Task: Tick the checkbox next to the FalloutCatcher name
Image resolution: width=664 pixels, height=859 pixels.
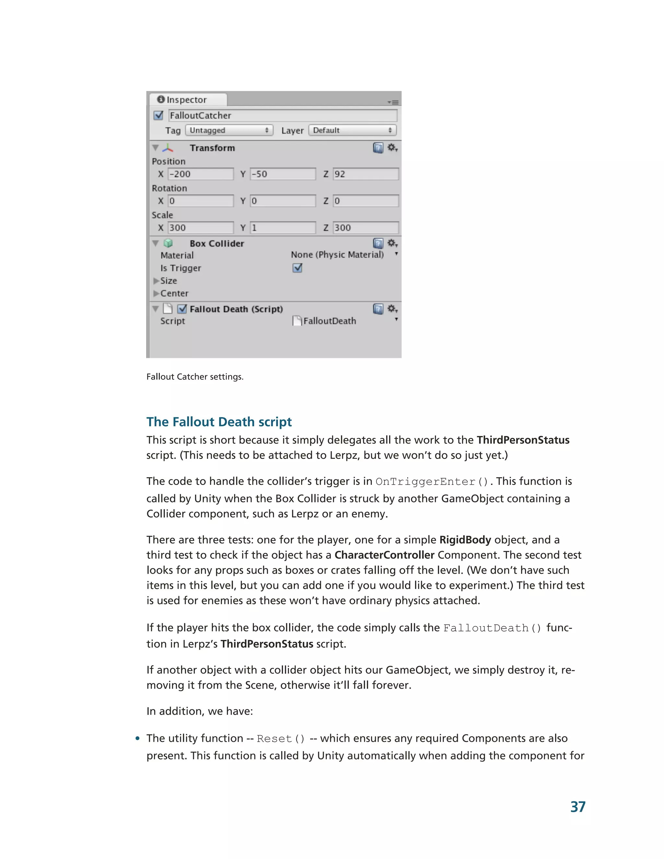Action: [x=159, y=115]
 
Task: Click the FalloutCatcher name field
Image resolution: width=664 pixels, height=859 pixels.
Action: [x=282, y=116]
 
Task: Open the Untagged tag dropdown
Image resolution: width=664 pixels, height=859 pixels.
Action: [x=229, y=130]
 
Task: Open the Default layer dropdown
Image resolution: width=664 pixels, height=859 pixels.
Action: [x=352, y=130]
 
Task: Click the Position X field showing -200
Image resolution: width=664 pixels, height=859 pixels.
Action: [x=201, y=174]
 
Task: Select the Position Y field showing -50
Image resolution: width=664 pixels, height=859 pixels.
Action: [x=282, y=174]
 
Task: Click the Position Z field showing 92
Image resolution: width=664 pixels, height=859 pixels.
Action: [x=365, y=174]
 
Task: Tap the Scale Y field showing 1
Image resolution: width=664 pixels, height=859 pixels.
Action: [x=282, y=228]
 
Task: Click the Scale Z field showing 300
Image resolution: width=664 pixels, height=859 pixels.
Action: [x=365, y=228]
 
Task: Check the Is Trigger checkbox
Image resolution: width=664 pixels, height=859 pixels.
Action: [x=297, y=268]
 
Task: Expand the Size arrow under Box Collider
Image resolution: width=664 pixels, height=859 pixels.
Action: [x=156, y=281]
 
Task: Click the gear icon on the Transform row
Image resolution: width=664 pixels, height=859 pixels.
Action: [x=392, y=147]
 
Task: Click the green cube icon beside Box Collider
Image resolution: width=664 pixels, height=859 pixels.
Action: [x=168, y=243]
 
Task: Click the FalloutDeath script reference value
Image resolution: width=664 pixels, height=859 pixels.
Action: [x=329, y=321]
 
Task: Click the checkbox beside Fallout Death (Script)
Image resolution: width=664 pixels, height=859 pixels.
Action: [x=182, y=309]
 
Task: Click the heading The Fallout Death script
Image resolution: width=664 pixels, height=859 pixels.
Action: [x=219, y=422]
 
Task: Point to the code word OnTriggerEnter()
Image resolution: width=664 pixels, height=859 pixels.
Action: [x=432, y=482]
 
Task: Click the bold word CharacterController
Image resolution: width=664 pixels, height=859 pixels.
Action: [x=384, y=555]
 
